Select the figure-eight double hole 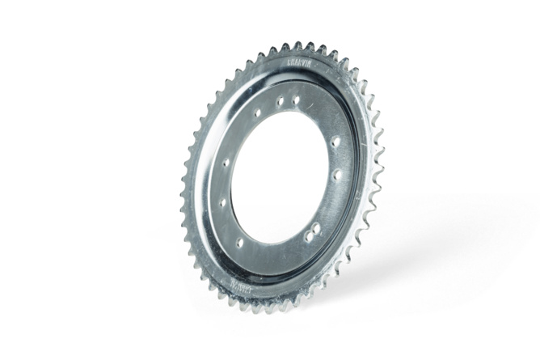click(x=312, y=231)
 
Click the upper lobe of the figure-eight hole click(x=315, y=227)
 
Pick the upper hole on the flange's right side click(x=335, y=142)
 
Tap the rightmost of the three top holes click(x=296, y=100)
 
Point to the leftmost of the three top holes click(x=259, y=112)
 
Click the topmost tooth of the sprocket click(x=298, y=45)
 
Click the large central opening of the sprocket click(x=279, y=174)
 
